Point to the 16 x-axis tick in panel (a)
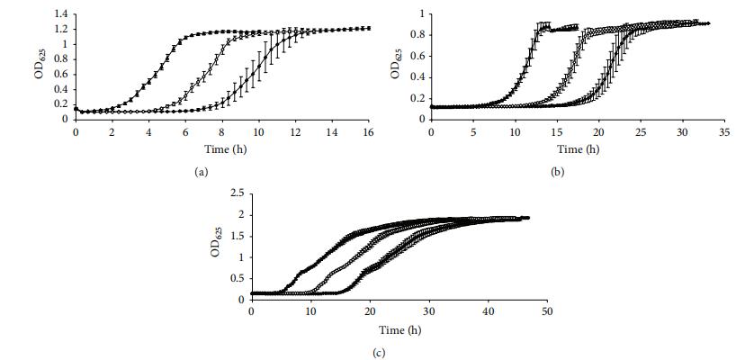(369, 131)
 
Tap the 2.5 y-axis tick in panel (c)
(238, 193)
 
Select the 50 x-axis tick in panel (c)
(546, 310)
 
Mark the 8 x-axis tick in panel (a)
(222, 131)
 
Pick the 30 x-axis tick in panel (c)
(428, 310)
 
